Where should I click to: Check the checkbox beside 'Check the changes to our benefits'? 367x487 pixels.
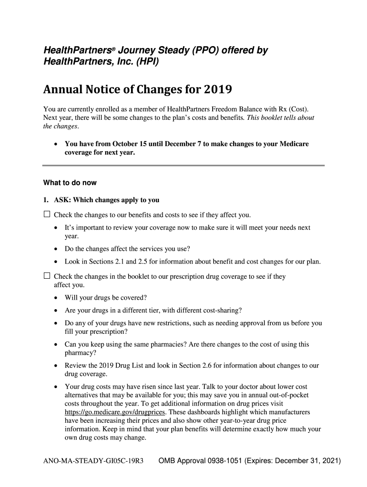47,214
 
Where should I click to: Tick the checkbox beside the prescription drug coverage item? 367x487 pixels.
47,276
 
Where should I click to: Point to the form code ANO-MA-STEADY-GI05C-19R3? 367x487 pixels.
93,461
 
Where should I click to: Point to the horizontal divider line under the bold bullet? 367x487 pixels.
183,166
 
